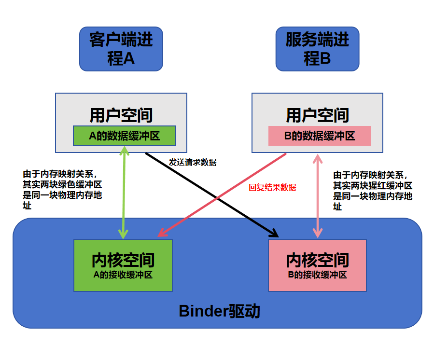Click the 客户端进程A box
point(121,49)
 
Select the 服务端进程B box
point(317,49)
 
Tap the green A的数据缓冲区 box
point(124,136)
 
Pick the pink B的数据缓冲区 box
point(319,136)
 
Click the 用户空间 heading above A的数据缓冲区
point(121,115)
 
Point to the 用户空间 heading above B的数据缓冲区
point(317,115)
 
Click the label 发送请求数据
point(193,163)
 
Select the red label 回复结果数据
point(272,187)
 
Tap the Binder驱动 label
point(219,311)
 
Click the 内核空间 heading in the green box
point(123,260)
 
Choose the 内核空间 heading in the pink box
point(317,260)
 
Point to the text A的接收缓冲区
point(123,275)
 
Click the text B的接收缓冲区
point(317,275)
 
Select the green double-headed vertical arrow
point(124,193)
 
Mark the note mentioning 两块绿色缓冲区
point(63,190)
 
